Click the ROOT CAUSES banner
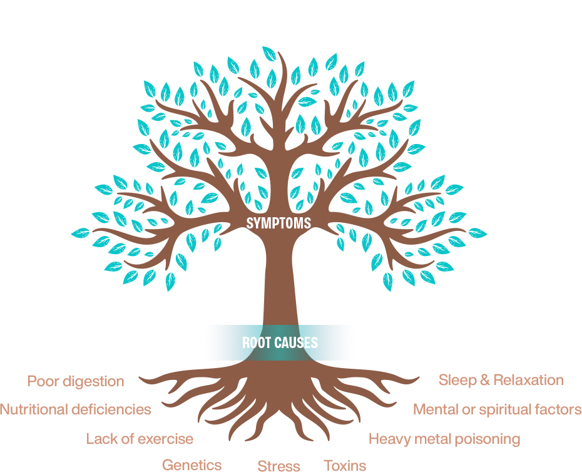[280, 342]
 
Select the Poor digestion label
[76, 381]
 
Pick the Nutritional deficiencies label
[76, 409]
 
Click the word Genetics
[191, 464]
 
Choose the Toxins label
[345, 464]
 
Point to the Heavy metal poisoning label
[444, 439]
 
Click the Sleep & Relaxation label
[501, 380]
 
